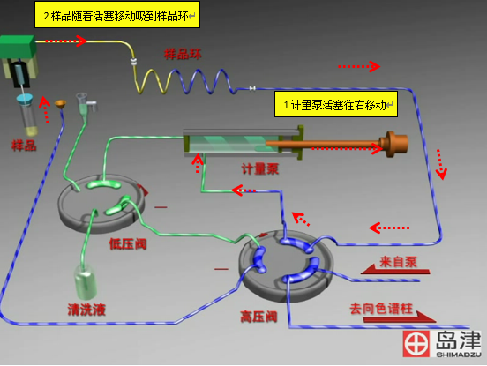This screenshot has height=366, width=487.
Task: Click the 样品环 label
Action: pos(183,54)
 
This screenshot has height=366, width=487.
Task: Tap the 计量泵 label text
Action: pos(260,168)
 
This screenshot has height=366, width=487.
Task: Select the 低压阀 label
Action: pos(128,244)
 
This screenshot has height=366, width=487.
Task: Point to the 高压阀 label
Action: pos(258,317)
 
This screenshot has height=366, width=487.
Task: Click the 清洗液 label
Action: pos(86,310)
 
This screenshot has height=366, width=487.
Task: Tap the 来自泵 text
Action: pos(398,262)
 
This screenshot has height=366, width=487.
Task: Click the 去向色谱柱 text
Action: pos(381,309)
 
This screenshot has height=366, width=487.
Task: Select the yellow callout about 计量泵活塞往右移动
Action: pos(336,104)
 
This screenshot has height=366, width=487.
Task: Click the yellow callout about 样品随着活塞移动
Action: pos(117,15)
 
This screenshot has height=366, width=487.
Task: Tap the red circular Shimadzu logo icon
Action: pos(416,344)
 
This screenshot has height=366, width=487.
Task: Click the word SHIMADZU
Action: pos(459,355)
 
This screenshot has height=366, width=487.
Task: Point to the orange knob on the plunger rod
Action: pos(395,144)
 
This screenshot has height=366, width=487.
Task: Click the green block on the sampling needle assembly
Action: pos(18,47)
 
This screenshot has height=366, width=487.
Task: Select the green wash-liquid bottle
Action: pos(86,282)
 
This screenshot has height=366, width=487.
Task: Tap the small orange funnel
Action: pos(60,104)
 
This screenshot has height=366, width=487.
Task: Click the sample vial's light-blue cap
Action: pos(25,99)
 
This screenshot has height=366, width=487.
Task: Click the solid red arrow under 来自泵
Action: pos(395,270)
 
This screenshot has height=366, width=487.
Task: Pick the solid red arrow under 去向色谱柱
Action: pos(400,317)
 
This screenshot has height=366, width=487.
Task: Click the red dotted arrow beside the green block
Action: pos(66,41)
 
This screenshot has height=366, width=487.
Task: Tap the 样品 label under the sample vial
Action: pos(24,146)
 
